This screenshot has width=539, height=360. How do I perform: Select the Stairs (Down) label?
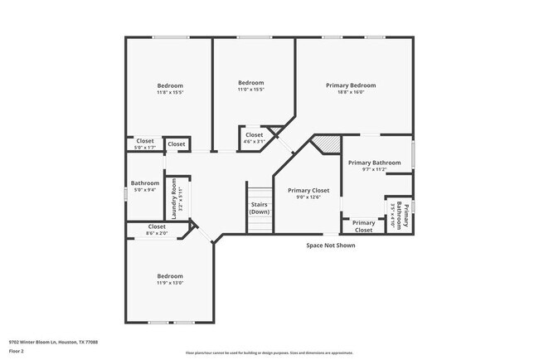[x=260, y=208]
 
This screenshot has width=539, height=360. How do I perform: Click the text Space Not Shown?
[x=330, y=246]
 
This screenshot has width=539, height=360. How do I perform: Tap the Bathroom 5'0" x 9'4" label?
[x=144, y=186]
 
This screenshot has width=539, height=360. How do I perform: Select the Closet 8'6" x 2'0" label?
[x=157, y=230]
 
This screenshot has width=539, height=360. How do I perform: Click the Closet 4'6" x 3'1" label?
[x=254, y=138]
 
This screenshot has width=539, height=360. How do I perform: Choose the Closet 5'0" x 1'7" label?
[x=145, y=144]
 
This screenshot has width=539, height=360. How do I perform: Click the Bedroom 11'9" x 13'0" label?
[x=170, y=280]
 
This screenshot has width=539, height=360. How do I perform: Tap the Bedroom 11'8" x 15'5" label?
[x=170, y=89]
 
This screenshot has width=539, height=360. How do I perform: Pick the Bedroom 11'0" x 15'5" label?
[x=250, y=85]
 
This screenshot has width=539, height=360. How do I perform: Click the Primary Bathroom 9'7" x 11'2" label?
[x=368, y=165]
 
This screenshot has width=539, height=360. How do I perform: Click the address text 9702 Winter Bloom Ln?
[x=53, y=341]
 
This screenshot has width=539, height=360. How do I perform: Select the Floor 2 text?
[x=17, y=351]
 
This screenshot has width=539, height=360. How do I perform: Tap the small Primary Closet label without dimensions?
[x=363, y=226]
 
